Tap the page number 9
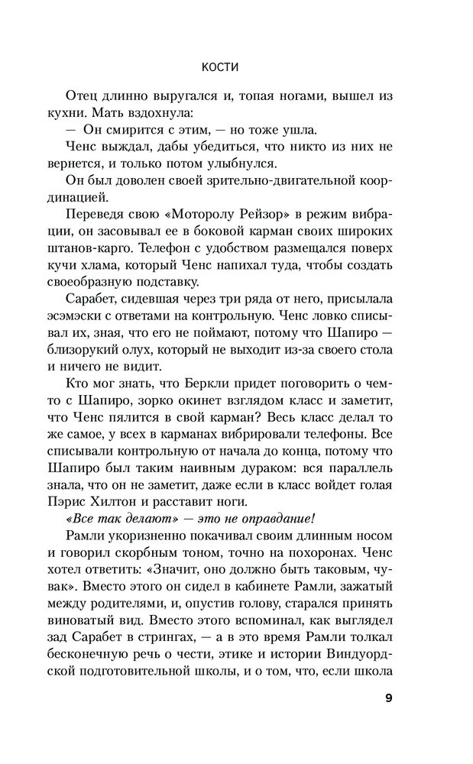coord(387,698)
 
